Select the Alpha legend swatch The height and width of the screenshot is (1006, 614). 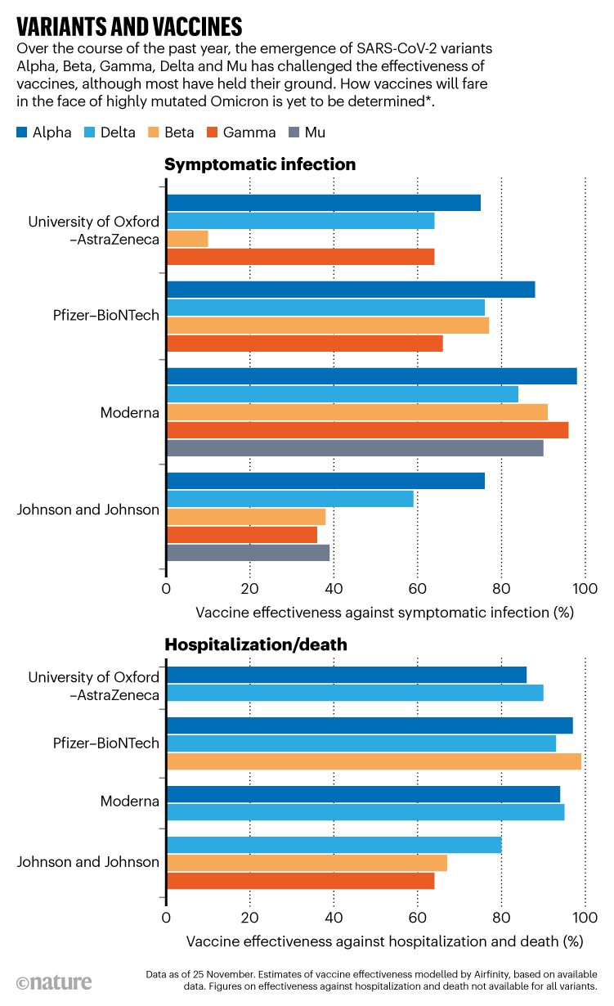coord(22,132)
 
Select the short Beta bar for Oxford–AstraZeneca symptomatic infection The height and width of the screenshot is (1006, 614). coord(187,239)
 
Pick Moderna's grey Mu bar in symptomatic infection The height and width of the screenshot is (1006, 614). coord(355,448)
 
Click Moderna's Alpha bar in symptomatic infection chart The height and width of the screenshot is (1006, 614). coord(371,376)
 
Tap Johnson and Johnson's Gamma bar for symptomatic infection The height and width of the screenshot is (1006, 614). coord(242,535)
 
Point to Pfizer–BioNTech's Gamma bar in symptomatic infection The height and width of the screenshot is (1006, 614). coord(304,344)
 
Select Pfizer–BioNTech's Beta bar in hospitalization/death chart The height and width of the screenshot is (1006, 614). coord(374,761)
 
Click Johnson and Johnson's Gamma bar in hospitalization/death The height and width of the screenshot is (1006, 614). coord(300,880)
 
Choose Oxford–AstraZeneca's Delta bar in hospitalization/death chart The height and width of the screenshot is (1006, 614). coord(355,693)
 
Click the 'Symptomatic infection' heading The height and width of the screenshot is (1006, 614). coord(260,164)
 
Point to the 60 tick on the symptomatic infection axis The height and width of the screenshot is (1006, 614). coord(418,588)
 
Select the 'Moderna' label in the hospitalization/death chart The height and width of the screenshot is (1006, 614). coord(129,801)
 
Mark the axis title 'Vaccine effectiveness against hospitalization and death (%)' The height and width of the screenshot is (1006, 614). coord(384,941)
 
